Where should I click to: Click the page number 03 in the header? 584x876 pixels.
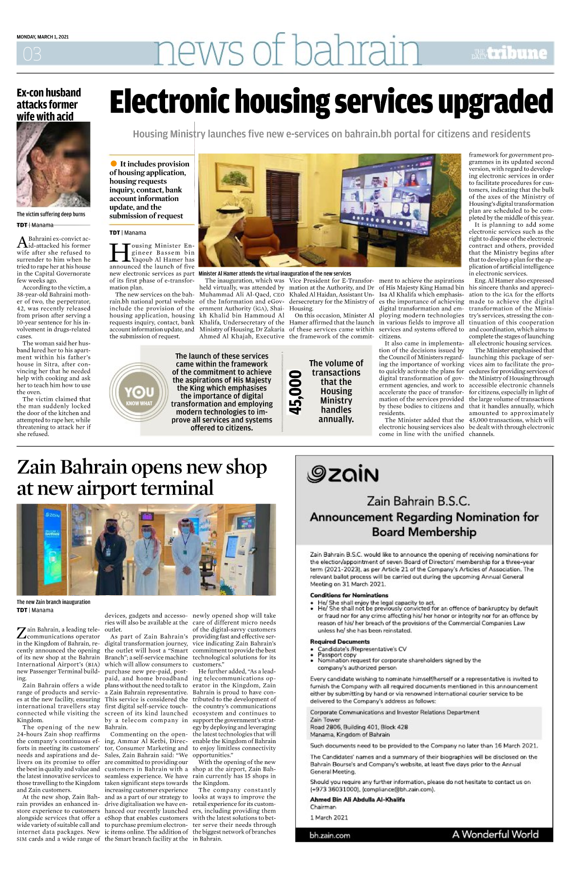(x=32, y=54)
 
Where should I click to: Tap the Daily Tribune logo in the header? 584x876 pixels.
(x=509, y=53)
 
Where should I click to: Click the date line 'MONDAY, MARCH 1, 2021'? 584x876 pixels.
(x=43, y=37)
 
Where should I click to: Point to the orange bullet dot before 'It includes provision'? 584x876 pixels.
(x=114, y=164)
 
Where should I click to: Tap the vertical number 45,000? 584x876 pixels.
(x=295, y=392)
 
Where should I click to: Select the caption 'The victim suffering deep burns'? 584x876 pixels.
(x=51, y=214)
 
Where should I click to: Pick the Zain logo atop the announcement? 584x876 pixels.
(x=343, y=474)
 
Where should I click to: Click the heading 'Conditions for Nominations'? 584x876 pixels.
(x=349, y=595)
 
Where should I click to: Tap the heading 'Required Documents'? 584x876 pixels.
(x=340, y=642)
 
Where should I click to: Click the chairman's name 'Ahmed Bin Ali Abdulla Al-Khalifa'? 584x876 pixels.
(x=358, y=800)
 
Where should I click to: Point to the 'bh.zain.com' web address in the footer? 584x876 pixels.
(x=330, y=835)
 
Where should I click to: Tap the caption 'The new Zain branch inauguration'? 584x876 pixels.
(x=54, y=602)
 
